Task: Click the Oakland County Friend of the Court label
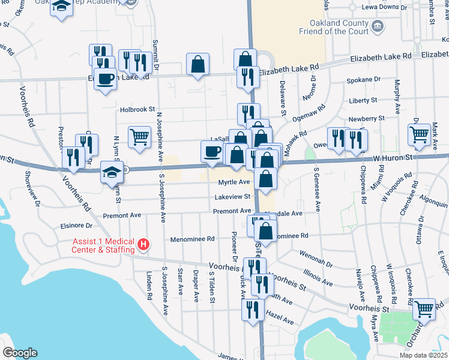334,26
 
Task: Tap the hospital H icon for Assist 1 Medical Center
143,244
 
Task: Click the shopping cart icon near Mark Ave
419,134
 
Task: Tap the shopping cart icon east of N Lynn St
139,136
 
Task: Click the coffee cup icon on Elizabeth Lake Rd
106,79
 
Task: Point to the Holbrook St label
137,109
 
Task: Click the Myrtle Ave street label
234,182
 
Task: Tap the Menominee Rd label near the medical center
193,238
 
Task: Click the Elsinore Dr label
76,226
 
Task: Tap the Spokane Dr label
364,79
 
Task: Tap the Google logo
20,353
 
